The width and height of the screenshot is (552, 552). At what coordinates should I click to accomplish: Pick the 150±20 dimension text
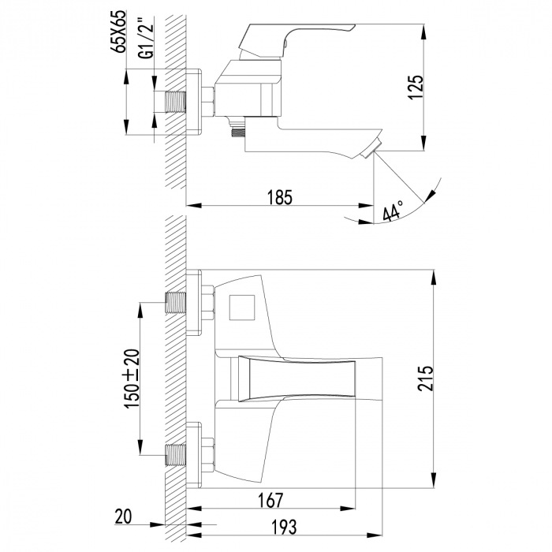[x=132, y=377]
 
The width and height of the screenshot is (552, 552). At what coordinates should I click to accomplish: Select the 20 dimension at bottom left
[x=123, y=517]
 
